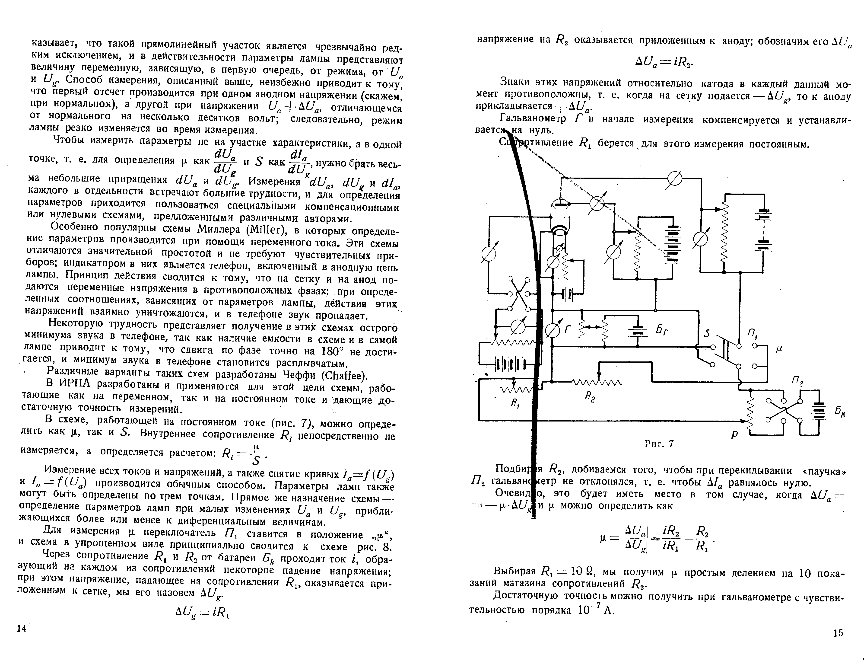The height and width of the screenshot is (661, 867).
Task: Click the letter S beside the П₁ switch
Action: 707,334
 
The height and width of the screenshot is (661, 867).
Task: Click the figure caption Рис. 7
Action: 659,444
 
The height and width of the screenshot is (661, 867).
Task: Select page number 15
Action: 838,644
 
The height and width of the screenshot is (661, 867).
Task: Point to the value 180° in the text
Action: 332,351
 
